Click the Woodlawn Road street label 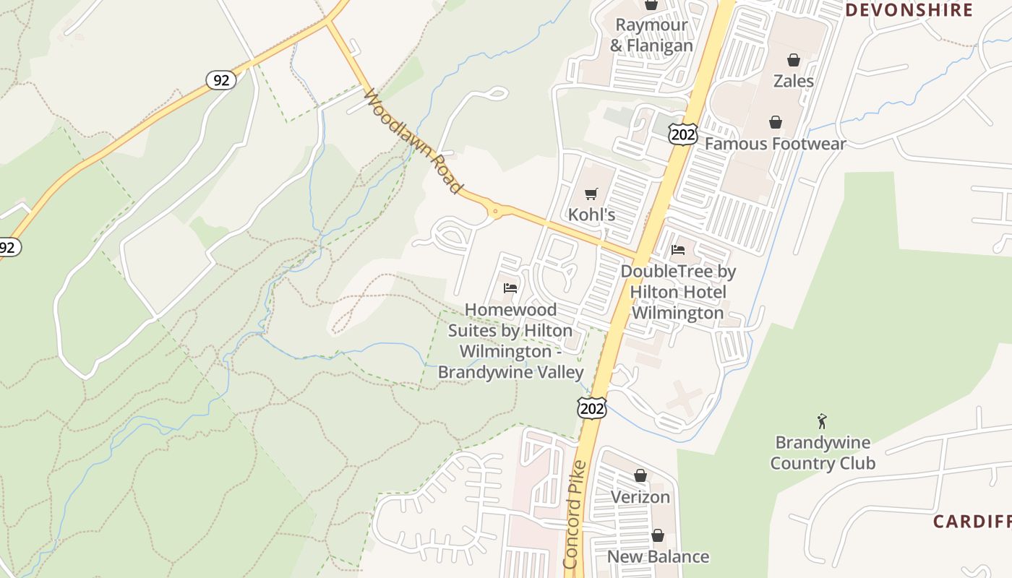point(413,142)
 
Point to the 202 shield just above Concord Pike point(591,408)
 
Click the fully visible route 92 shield point(221,79)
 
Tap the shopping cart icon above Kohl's point(591,194)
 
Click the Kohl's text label point(591,215)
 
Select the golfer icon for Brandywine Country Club point(822,421)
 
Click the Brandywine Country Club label point(823,453)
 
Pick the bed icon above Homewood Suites point(510,288)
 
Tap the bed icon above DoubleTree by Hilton point(678,250)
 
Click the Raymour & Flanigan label point(651,35)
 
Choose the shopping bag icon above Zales point(794,60)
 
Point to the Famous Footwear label point(775,144)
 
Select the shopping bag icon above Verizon point(640,475)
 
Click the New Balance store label point(658,556)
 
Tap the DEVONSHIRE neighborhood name point(909,10)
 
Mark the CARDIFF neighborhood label point(972,521)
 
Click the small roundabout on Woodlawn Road point(495,212)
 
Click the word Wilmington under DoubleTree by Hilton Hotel point(677,313)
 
